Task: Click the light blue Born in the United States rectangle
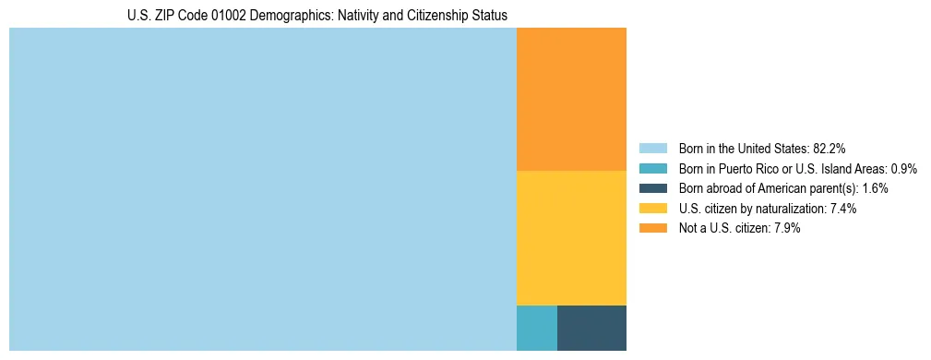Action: point(263,189)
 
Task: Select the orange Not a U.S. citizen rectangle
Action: point(571,100)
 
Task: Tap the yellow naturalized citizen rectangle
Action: point(571,238)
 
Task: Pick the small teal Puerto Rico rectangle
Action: point(537,328)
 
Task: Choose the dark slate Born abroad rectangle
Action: point(591,328)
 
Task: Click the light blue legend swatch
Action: point(652,149)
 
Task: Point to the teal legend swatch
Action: point(652,169)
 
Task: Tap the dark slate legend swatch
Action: point(652,188)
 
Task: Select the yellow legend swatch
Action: point(652,209)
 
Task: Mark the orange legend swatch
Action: point(652,229)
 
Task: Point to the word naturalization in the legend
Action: point(793,209)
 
